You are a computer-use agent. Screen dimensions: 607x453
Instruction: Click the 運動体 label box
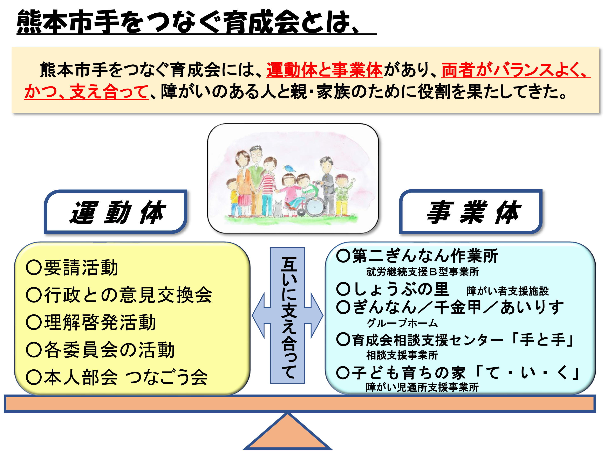click(x=116, y=212)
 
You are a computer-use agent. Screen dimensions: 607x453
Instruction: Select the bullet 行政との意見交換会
click(x=119, y=295)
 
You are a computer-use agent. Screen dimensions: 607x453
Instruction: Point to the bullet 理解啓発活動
click(x=91, y=322)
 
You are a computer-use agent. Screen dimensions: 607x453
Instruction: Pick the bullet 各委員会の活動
click(x=100, y=350)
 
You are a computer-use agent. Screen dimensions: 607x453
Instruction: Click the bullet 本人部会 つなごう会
click(x=117, y=377)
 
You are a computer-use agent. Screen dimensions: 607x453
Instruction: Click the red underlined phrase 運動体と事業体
click(x=325, y=70)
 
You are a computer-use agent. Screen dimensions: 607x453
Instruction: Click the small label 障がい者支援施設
click(x=508, y=291)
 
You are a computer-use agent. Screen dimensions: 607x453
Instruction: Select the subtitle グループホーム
click(x=402, y=323)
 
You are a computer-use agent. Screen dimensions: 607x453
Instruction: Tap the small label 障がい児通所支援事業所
click(x=422, y=387)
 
